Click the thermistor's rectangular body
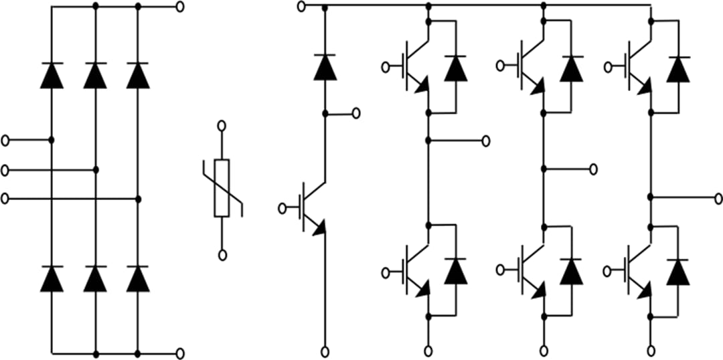(x=222, y=188)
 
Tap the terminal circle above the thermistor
(x=222, y=126)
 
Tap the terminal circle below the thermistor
(x=222, y=254)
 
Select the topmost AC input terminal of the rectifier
(x=6, y=140)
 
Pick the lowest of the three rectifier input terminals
(x=6, y=199)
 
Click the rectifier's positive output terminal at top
(x=179, y=7)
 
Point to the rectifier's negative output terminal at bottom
(x=179, y=353)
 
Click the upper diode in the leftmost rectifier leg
(x=52, y=75)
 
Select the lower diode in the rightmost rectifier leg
(x=138, y=278)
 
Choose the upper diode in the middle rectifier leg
(x=95, y=75)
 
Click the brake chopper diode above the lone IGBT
(x=325, y=68)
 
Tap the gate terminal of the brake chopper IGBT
(x=283, y=208)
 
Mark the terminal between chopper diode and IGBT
(x=355, y=113)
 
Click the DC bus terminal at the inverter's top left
(x=301, y=7)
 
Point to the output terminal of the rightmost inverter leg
(x=718, y=198)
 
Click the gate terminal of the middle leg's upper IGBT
(x=500, y=66)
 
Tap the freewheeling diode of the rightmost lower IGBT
(x=679, y=271)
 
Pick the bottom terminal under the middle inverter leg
(x=543, y=351)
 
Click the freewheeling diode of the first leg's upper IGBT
(x=456, y=68)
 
